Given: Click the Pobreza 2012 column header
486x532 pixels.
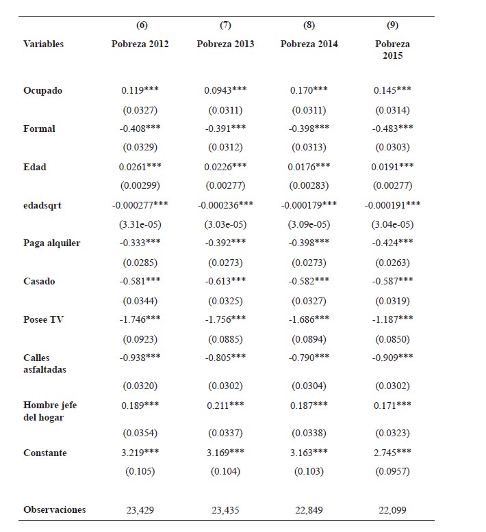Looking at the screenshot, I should (x=140, y=44).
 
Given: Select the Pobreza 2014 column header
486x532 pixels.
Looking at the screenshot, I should (x=309, y=44).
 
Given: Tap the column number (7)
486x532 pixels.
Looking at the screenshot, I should (x=225, y=25).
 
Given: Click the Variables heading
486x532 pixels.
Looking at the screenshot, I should (x=43, y=44).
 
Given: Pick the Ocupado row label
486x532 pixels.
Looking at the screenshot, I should (x=42, y=91).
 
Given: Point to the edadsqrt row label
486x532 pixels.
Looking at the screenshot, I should (x=42, y=205).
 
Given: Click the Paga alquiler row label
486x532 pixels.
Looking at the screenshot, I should (x=51, y=243).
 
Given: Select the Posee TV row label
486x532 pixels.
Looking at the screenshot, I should (x=44, y=320).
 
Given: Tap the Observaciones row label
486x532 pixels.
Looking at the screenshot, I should (x=55, y=509).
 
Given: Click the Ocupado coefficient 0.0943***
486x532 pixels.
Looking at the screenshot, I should (x=225, y=91).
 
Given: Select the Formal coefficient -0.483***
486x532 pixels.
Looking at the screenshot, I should (x=392, y=129).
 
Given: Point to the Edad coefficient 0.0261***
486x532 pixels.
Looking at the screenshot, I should (x=140, y=168).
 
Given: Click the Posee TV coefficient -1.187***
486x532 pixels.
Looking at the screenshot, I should (x=392, y=320).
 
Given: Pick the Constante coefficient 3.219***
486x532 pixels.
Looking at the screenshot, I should (x=140, y=453).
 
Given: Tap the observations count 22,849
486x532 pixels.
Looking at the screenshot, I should (x=309, y=509).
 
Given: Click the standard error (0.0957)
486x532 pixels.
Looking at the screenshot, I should (x=392, y=472).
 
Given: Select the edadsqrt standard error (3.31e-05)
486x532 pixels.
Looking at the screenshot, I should (x=140, y=224).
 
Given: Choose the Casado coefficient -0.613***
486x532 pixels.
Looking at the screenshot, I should (x=225, y=282).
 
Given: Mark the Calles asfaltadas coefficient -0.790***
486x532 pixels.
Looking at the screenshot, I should (x=309, y=358).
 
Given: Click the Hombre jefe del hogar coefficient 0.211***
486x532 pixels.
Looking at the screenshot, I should (x=225, y=405).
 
